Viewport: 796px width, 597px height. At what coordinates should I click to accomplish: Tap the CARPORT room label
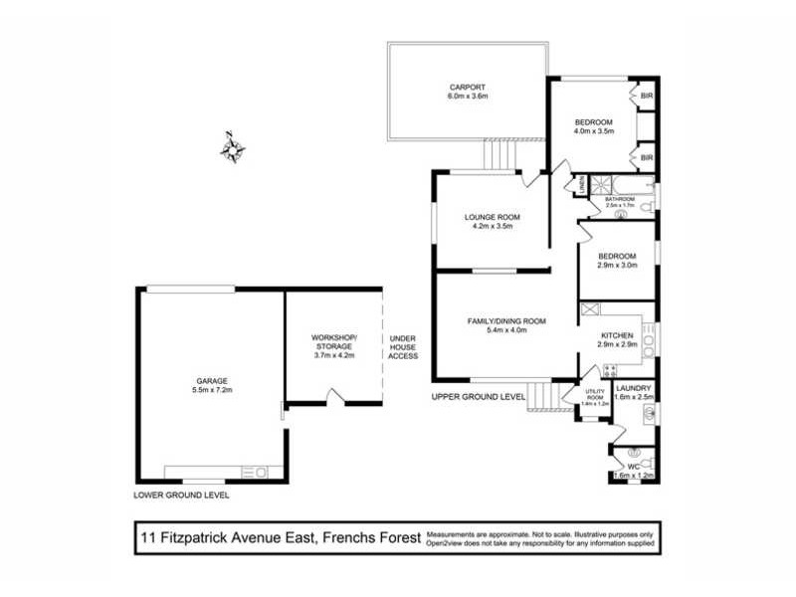click(x=467, y=87)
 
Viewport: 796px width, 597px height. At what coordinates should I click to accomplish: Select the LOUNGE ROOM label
click(x=492, y=217)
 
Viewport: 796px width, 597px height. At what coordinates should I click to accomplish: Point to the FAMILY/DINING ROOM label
click(x=507, y=320)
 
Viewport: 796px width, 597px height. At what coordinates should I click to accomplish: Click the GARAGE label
click(x=212, y=380)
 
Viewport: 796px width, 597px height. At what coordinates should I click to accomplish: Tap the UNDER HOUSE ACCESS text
click(x=403, y=346)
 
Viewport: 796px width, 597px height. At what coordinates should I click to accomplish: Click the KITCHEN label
click(x=616, y=336)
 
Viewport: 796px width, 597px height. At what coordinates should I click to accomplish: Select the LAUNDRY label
click(x=634, y=388)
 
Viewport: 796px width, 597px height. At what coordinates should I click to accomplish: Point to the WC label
click(x=634, y=465)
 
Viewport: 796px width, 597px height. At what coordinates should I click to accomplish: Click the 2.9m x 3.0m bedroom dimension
click(x=617, y=266)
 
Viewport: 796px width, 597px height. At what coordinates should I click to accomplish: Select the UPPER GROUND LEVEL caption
click(x=478, y=396)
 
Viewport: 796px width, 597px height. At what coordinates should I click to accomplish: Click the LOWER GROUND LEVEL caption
click(x=181, y=495)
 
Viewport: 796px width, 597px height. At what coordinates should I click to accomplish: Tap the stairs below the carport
click(x=500, y=154)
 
